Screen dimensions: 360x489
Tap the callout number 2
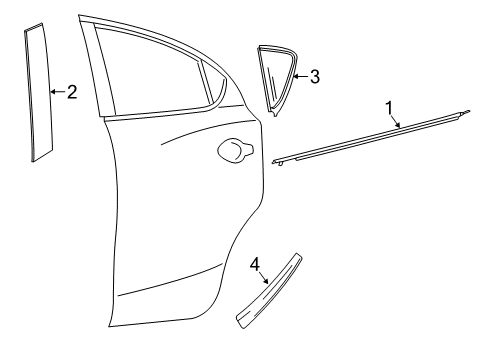[x=71, y=92]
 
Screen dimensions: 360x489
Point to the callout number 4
[x=255, y=264]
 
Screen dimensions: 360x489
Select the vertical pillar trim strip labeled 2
[x=40, y=95]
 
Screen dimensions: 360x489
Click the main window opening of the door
[x=150, y=70]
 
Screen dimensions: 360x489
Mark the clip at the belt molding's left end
[x=281, y=160]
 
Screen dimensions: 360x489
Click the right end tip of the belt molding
[x=468, y=113]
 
